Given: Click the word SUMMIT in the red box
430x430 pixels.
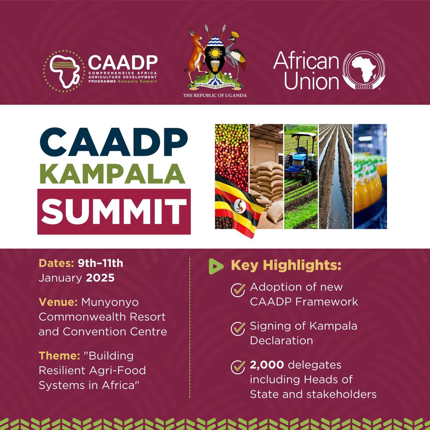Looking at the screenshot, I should (x=114, y=211).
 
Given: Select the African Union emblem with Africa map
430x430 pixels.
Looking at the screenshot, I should (x=364, y=71).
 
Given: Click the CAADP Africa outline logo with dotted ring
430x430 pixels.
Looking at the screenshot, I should (x=64, y=71).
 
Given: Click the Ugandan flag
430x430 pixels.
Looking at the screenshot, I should (x=238, y=207).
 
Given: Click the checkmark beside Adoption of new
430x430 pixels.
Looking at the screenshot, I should (x=238, y=290).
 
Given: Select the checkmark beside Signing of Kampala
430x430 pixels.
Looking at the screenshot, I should (x=238, y=329).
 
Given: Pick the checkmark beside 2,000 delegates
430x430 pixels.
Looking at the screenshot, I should (x=238, y=367).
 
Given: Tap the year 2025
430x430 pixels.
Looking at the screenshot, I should (x=100, y=278).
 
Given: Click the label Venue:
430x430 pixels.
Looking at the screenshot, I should (x=58, y=303).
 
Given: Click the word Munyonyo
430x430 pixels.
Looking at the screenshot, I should (x=110, y=303).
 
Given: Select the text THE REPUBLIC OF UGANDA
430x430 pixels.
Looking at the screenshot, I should (x=215, y=96).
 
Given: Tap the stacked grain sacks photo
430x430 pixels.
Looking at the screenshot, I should (x=266, y=176).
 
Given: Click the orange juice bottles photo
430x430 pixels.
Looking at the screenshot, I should (x=370, y=176).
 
